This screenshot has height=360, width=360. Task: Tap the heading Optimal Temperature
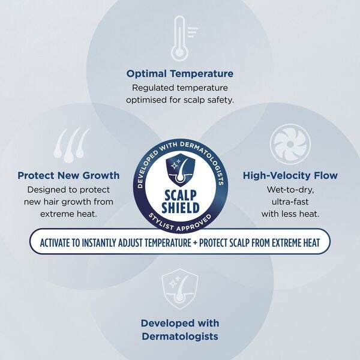[x=180, y=74]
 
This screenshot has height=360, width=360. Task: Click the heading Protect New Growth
[x=68, y=176]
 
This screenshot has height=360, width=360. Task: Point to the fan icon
[x=290, y=144]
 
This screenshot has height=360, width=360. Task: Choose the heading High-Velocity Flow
[x=290, y=176]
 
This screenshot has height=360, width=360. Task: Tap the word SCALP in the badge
[x=181, y=196]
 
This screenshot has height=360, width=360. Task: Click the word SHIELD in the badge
[x=181, y=208]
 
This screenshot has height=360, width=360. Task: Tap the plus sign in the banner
[x=195, y=243]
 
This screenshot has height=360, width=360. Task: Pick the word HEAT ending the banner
[x=312, y=242]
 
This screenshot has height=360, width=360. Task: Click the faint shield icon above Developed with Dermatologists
[x=180, y=289]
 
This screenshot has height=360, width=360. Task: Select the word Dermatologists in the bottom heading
[x=180, y=337]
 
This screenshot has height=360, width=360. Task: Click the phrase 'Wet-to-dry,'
[x=290, y=190]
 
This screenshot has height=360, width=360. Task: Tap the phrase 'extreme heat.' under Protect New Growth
[x=68, y=214]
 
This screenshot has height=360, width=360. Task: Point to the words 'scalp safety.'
[x=208, y=100]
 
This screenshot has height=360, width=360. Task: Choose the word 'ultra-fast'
[x=290, y=202]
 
